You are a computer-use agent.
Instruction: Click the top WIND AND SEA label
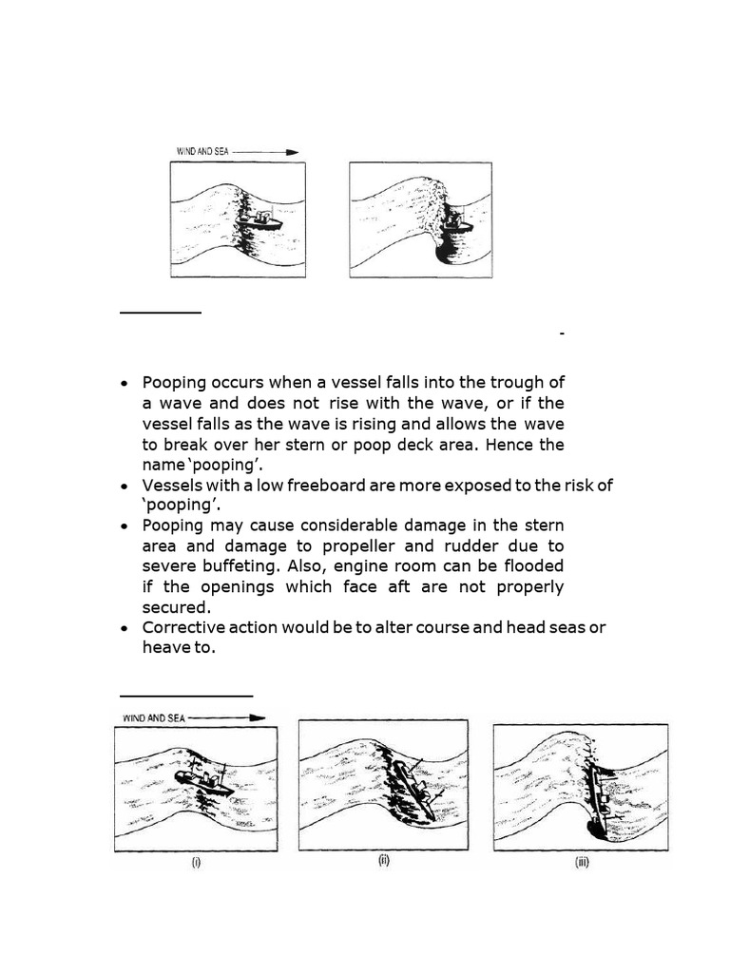click(202, 151)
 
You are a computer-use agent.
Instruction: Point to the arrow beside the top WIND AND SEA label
click(265, 151)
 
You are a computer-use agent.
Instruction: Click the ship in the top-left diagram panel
click(261, 220)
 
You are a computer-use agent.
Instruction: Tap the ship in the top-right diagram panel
click(461, 222)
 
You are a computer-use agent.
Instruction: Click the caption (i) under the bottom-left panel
click(196, 863)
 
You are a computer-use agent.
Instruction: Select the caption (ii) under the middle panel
click(384, 861)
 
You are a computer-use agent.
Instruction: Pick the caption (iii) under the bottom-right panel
click(580, 863)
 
